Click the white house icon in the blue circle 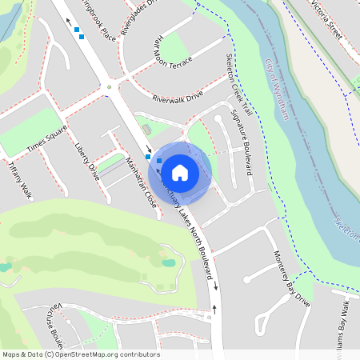click(x=180, y=171)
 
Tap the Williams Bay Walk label click(x=341, y=329)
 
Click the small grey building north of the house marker click(x=146, y=129)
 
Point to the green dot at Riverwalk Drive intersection click(x=109, y=86)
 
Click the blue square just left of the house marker click(x=159, y=161)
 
